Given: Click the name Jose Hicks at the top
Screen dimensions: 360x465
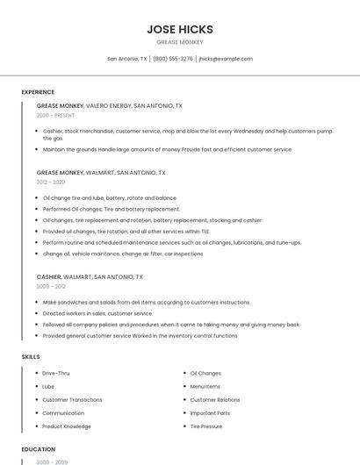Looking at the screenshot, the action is point(180,29).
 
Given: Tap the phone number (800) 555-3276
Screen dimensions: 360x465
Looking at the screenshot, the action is point(172,59).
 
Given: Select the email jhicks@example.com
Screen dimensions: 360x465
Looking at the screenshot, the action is point(226,59).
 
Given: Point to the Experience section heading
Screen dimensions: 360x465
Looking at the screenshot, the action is point(38,92).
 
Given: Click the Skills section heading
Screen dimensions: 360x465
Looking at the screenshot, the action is point(31,357).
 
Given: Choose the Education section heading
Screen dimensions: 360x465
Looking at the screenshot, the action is point(38,449).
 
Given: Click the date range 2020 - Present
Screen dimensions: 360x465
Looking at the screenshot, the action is point(55,115).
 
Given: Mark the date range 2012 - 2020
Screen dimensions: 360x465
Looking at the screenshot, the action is point(51,182).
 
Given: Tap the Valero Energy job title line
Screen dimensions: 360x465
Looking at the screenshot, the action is point(110,105).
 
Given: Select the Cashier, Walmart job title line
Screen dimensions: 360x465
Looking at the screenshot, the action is point(90,276).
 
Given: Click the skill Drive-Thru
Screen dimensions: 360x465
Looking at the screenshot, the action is point(56,373).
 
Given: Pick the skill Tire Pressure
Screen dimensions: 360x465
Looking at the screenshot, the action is point(206,426).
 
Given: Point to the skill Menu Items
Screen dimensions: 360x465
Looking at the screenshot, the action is point(205,386).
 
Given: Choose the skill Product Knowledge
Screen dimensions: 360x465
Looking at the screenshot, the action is point(67,426).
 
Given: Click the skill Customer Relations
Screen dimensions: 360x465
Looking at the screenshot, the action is point(215,399).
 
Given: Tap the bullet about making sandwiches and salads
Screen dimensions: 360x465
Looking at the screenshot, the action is point(147,302).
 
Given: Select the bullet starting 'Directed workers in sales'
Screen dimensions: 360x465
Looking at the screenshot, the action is point(97,313).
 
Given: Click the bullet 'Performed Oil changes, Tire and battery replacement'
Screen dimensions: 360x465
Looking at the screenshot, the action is point(112,209).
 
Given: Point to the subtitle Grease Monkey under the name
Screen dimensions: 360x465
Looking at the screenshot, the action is point(180,42).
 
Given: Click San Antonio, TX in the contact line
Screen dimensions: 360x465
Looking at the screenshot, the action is point(127,59).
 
